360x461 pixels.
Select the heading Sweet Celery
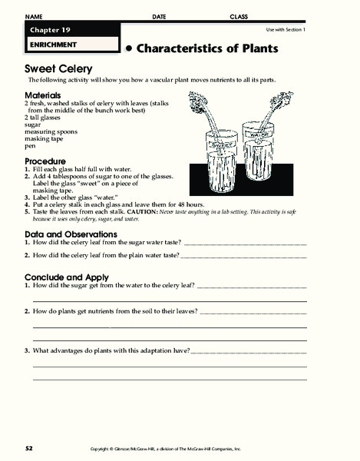tap(55, 68)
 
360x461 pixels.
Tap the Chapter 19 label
tap(49, 29)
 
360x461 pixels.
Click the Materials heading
tap(45, 95)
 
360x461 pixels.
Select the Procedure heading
tap(46, 161)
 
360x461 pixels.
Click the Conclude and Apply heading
tap(67, 277)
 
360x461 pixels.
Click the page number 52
tap(29, 446)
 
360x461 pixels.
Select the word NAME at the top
tap(36, 16)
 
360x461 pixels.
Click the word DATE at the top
tap(159, 16)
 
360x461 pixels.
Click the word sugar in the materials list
tap(34, 123)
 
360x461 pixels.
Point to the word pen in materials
tap(31, 144)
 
